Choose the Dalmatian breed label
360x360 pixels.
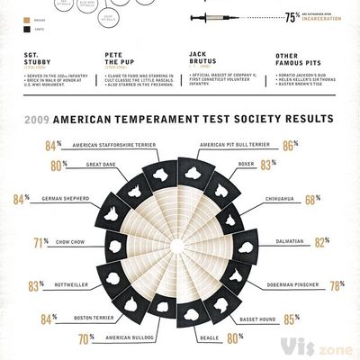pyautogui.click(x=259, y=241)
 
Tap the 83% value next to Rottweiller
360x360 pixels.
pyautogui.click(x=35, y=285)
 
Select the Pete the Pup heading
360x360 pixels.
pyautogui.click(x=121, y=60)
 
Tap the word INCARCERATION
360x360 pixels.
pyautogui.click(x=325, y=21)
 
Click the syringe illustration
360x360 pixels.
pyautogui.click(x=225, y=17)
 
